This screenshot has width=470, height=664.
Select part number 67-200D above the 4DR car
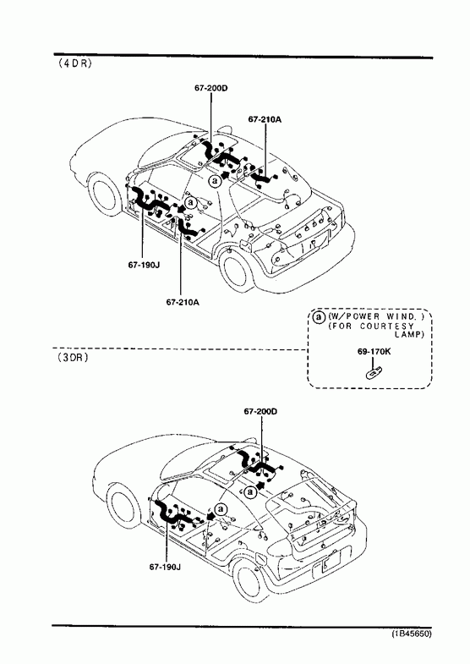pyautogui.click(x=211, y=88)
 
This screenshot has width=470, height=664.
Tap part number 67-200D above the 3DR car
pyautogui.click(x=260, y=411)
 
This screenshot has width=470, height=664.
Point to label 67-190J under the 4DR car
pyautogui.click(x=144, y=265)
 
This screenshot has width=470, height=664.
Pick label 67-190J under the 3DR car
pyautogui.click(x=165, y=567)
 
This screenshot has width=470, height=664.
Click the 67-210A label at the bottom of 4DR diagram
pyautogui.click(x=183, y=302)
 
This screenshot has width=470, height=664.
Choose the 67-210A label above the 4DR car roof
pyautogui.click(x=265, y=119)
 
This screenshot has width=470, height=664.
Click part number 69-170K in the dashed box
pyautogui.click(x=374, y=351)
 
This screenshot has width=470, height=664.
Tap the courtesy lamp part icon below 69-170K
pyautogui.click(x=374, y=373)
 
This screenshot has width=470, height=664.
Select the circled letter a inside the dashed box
pyautogui.click(x=319, y=316)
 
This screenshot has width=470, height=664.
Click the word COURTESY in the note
pyautogui.click(x=387, y=326)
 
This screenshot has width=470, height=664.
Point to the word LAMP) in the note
pyautogui.click(x=409, y=335)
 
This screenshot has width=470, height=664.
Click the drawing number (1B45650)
pyautogui.click(x=411, y=634)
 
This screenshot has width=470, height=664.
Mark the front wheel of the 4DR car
pyautogui.click(x=103, y=194)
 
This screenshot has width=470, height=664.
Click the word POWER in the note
pyautogui.click(x=359, y=316)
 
